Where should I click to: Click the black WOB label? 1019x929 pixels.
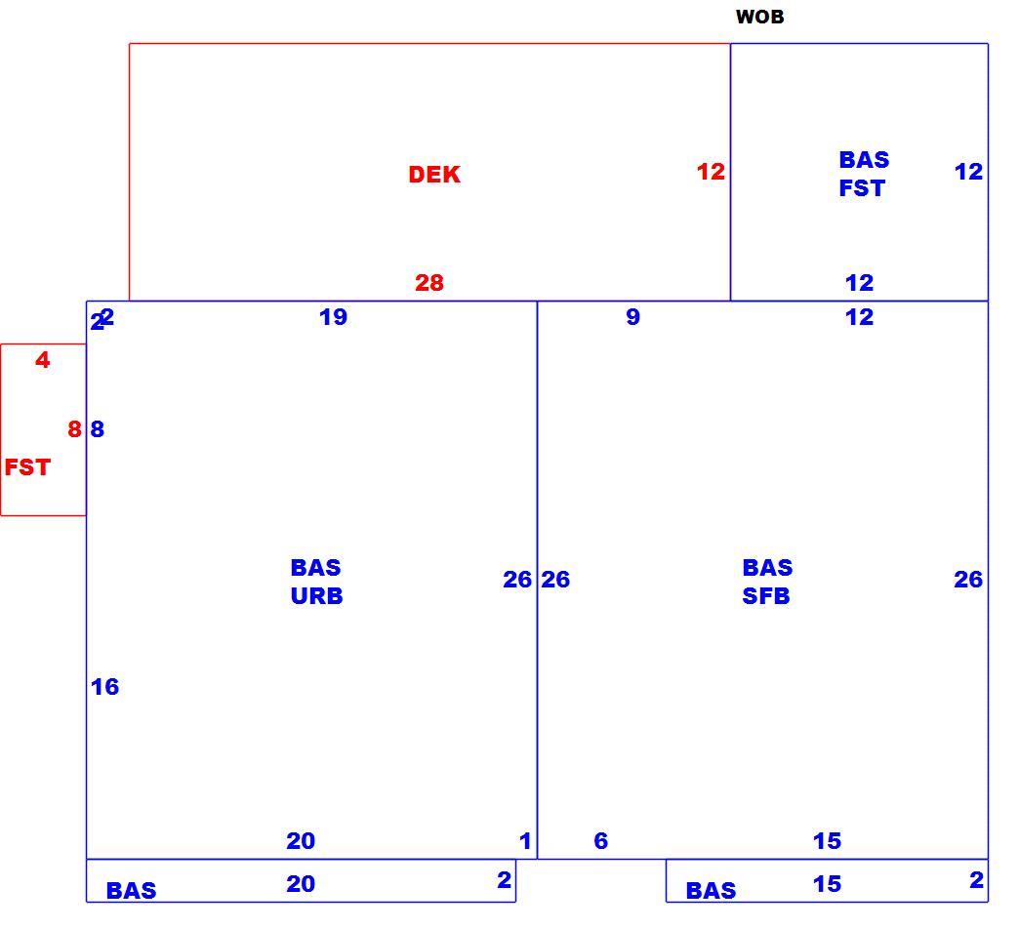759,17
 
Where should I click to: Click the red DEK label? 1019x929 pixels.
434,174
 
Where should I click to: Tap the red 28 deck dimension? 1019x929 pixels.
429,283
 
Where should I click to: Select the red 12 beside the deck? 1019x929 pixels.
711,172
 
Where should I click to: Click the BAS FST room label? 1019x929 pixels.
864,174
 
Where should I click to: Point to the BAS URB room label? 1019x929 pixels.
316,582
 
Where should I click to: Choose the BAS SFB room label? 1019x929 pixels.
767,582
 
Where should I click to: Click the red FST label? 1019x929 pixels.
27,467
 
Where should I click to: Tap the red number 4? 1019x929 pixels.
42,360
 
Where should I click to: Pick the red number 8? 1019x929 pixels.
75,428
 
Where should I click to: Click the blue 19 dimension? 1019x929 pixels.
334,317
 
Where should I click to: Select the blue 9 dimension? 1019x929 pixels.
633,317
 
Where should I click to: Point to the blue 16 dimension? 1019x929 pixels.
104,687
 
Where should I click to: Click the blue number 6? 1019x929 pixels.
601,840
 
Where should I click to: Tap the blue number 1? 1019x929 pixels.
525,840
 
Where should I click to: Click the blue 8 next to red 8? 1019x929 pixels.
97,428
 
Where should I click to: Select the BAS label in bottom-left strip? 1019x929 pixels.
131,890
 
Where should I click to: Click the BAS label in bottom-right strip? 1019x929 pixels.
711,890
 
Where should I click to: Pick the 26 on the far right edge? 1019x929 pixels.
968,580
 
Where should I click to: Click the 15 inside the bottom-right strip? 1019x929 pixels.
828,883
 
